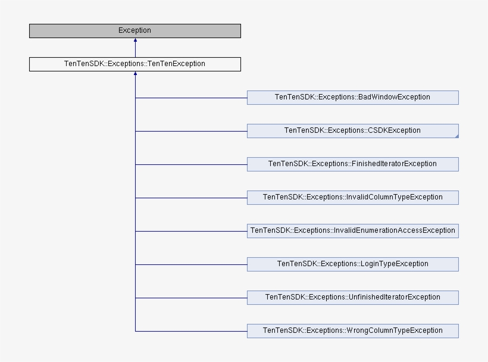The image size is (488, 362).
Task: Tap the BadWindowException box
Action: coord(352,98)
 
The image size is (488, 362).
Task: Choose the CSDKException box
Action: coord(352,131)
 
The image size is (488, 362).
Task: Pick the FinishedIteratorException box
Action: coord(352,164)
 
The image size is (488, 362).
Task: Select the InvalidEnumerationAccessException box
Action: coord(352,231)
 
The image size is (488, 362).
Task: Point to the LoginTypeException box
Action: coord(352,264)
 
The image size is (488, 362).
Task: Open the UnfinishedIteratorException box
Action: coord(352,298)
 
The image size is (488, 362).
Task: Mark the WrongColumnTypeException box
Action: coord(352,331)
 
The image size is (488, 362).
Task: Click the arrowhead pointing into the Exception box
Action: coord(135,41)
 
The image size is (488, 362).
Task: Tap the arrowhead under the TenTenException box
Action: coord(135,74)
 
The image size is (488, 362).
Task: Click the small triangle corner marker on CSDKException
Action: coord(456,136)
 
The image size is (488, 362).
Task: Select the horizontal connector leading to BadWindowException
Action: coord(190,98)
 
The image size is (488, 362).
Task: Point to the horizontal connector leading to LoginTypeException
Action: coord(190,264)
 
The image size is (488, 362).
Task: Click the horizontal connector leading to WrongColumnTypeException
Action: coord(190,331)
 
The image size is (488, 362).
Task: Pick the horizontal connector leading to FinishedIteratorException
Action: coord(190,164)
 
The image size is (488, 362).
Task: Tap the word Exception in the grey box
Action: coord(134,31)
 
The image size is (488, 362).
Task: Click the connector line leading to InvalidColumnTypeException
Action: coord(190,198)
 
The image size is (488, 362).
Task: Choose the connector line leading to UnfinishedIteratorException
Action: coord(190,298)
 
